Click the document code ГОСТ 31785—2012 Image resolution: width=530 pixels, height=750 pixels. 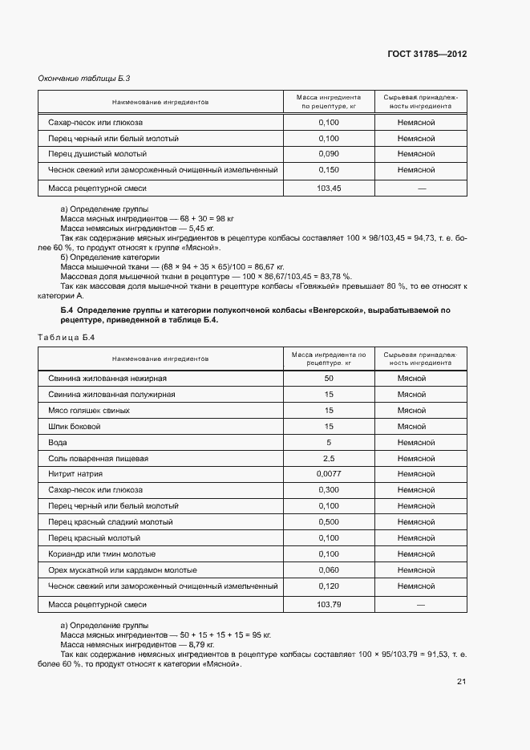(x=427, y=55)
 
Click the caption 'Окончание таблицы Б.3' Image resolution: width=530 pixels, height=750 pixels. (x=84, y=78)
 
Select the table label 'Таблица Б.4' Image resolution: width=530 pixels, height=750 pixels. (x=67, y=338)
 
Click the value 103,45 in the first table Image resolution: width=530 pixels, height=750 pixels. (x=329, y=188)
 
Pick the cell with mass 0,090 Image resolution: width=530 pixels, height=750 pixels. (x=329, y=154)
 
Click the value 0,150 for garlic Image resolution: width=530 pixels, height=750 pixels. (x=329, y=170)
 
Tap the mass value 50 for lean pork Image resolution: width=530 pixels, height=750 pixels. (x=329, y=379)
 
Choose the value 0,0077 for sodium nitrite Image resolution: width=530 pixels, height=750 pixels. (x=329, y=474)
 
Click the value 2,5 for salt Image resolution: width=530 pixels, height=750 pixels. (x=329, y=458)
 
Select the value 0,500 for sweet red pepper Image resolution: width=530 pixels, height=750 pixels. (x=329, y=522)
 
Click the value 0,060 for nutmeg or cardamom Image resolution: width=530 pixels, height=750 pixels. (x=329, y=570)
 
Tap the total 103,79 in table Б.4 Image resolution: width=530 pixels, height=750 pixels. (x=329, y=604)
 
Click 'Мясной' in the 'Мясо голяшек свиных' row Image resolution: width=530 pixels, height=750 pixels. (x=411, y=411)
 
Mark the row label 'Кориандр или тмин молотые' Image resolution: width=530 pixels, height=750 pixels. (x=102, y=554)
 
